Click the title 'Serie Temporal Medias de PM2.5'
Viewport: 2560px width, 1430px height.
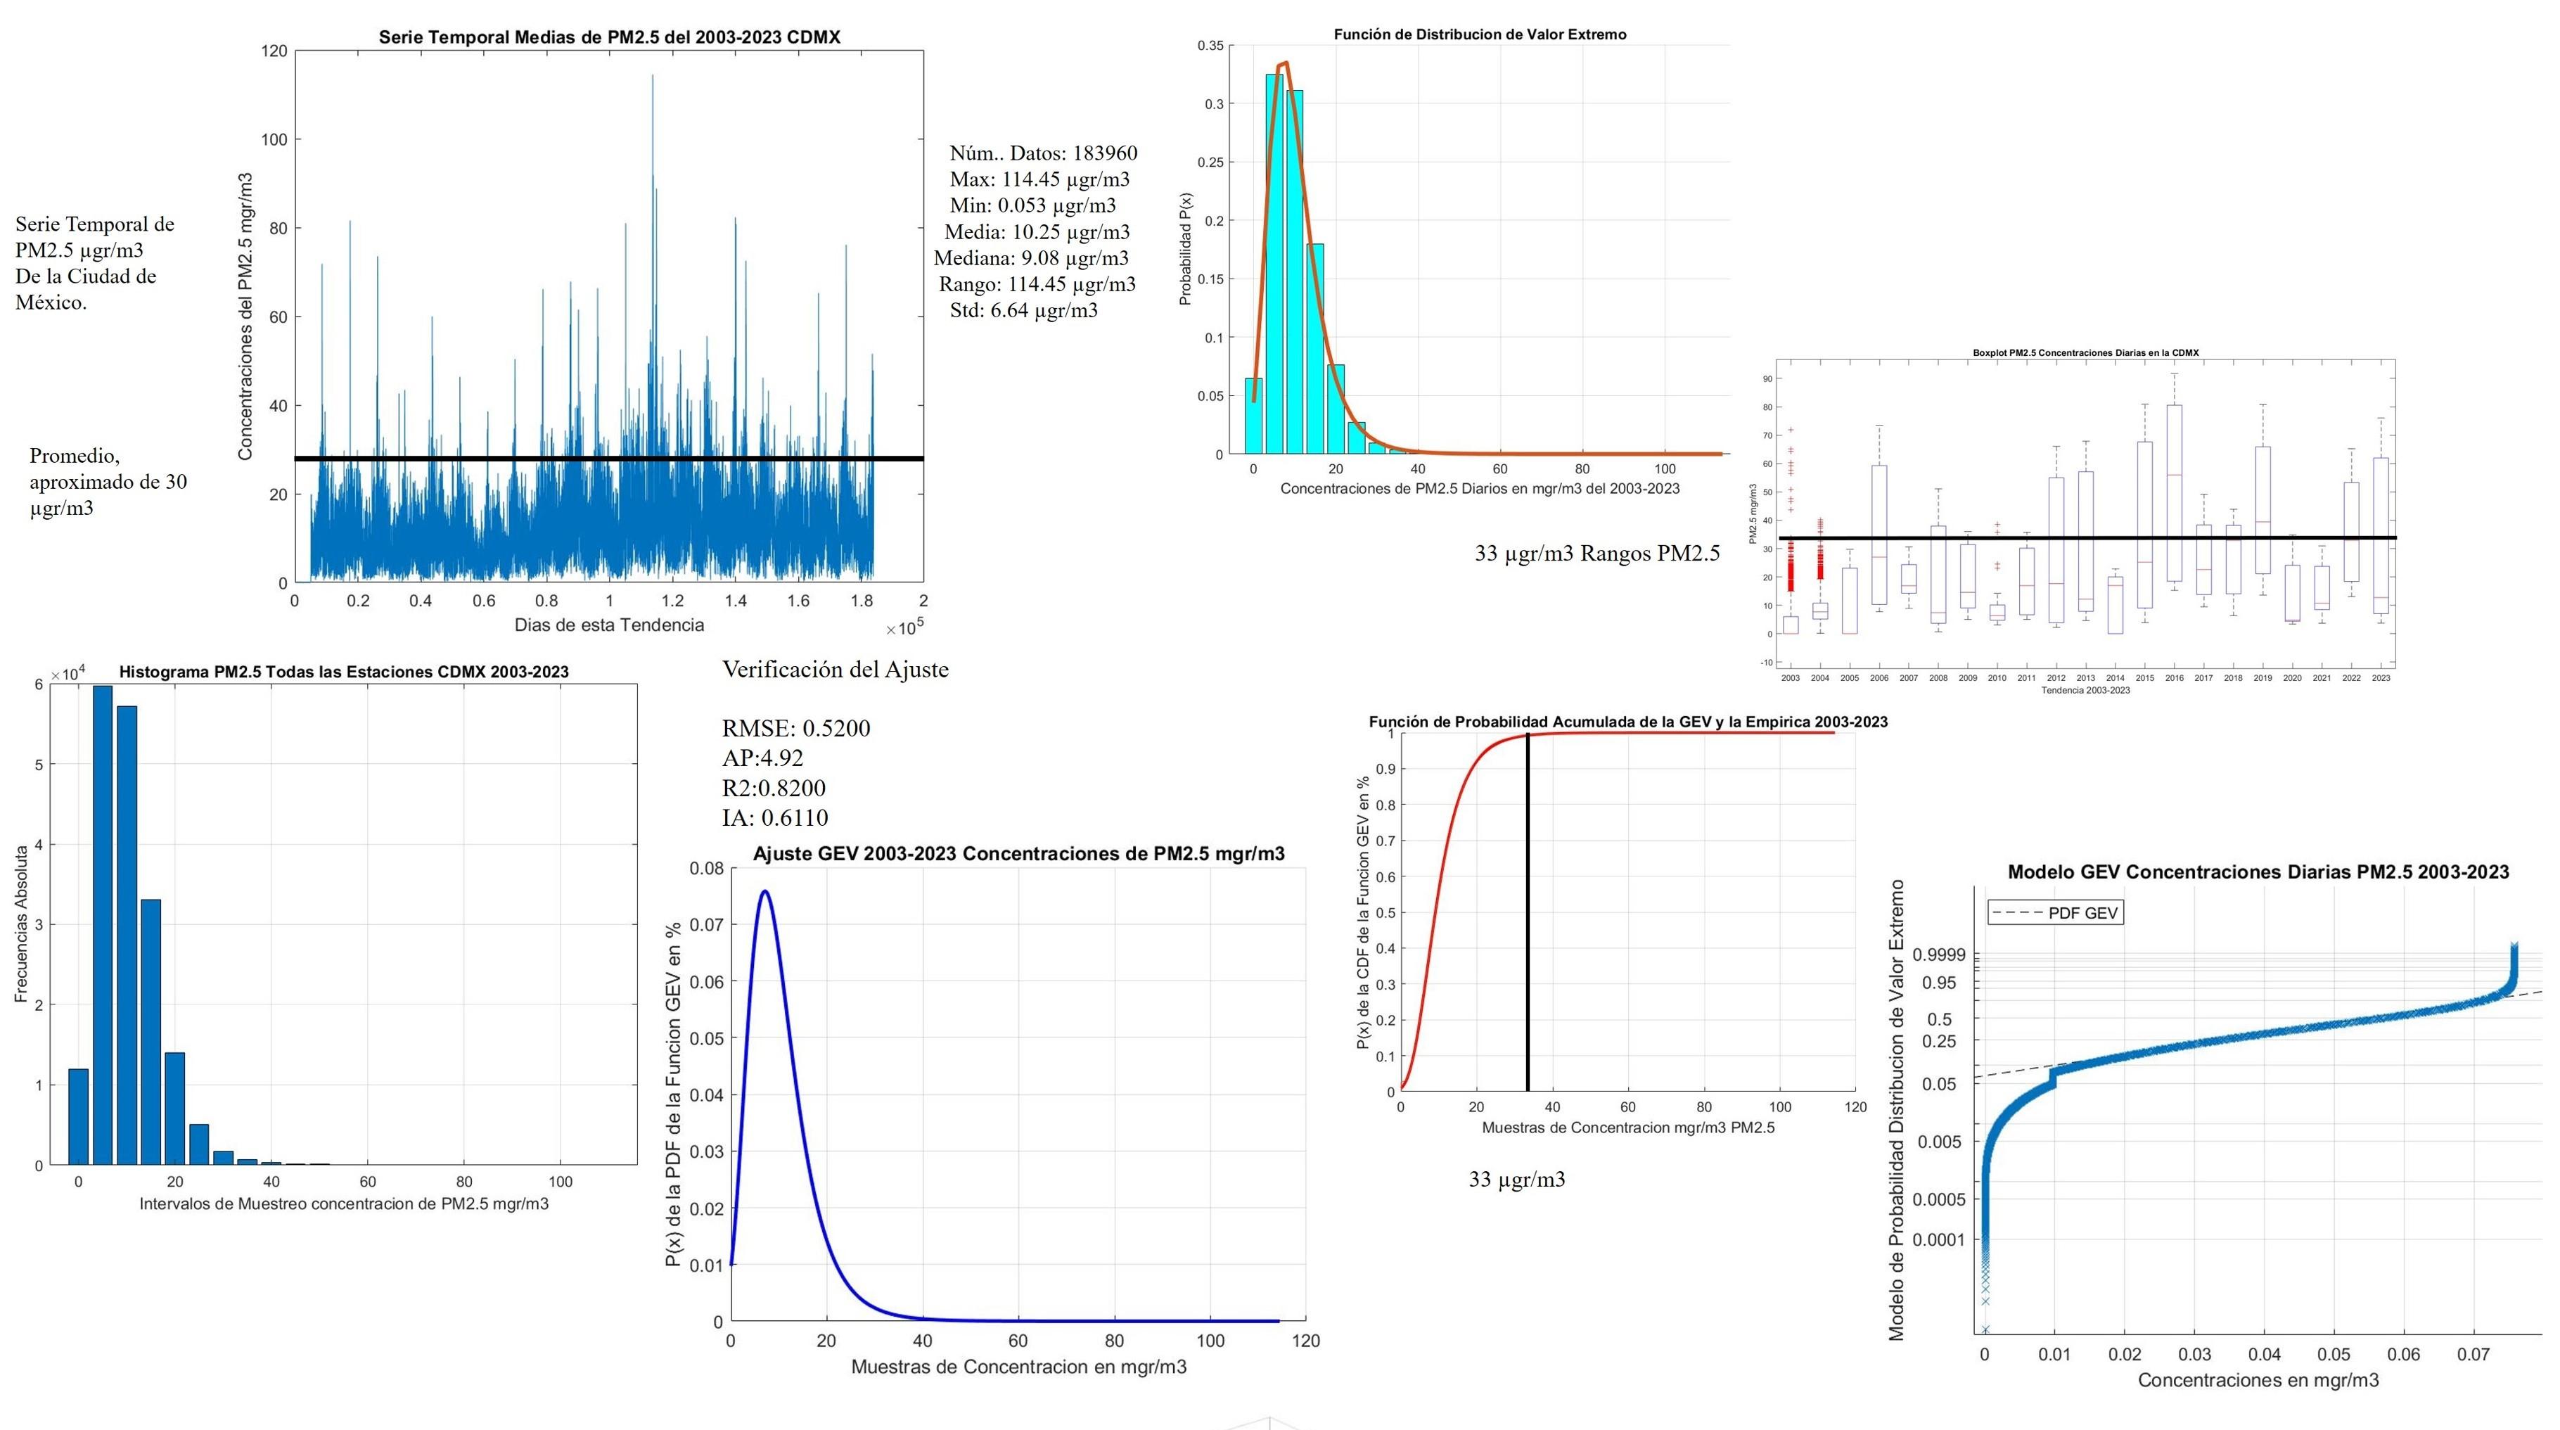tap(608, 37)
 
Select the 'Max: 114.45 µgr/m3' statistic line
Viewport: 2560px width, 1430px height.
tap(1039, 179)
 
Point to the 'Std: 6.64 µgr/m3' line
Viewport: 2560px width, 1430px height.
tap(1023, 310)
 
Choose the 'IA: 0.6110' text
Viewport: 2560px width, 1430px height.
tap(774, 818)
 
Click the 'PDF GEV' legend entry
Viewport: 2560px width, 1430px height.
tap(2055, 912)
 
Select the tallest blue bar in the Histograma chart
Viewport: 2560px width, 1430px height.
tap(103, 924)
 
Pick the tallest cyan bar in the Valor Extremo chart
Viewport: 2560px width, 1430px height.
tap(1274, 263)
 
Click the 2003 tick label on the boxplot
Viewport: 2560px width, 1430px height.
tap(1790, 678)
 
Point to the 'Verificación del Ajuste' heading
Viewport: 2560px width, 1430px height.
tap(835, 670)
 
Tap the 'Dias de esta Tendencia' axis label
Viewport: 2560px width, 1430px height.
tap(608, 625)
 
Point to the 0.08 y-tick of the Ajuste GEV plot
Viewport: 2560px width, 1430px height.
tap(707, 869)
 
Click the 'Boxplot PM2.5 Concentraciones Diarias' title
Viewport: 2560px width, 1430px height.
tap(2085, 353)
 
